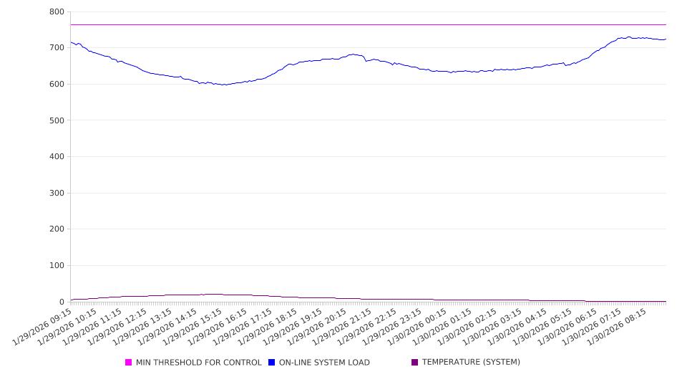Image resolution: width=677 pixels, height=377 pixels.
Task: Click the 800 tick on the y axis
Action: (x=57, y=12)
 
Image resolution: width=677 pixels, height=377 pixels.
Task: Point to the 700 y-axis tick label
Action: (x=57, y=48)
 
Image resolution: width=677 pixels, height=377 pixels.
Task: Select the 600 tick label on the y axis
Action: (x=57, y=85)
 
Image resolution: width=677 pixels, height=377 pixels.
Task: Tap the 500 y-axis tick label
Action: (x=57, y=120)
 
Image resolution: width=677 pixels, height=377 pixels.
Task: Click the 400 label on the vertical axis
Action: (x=57, y=157)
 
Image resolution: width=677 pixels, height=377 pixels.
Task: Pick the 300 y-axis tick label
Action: (x=57, y=194)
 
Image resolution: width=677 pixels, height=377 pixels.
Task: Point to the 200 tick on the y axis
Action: (x=57, y=229)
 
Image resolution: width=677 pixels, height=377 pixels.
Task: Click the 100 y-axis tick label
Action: (x=57, y=266)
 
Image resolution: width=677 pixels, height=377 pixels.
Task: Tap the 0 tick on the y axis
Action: (x=62, y=302)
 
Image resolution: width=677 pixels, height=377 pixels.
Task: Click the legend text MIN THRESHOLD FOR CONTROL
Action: (x=198, y=363)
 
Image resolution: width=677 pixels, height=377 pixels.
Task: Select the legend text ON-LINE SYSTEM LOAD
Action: (x=324, y=363)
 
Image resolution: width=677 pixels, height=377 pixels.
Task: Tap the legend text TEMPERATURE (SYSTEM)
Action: (x=471, y=363)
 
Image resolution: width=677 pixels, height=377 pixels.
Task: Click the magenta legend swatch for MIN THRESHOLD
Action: (x=129, y=363)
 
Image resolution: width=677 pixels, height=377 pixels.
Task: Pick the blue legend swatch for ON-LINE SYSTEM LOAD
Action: (x=272, y=363)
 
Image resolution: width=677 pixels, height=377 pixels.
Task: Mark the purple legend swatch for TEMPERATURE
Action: (x=415, y=363)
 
